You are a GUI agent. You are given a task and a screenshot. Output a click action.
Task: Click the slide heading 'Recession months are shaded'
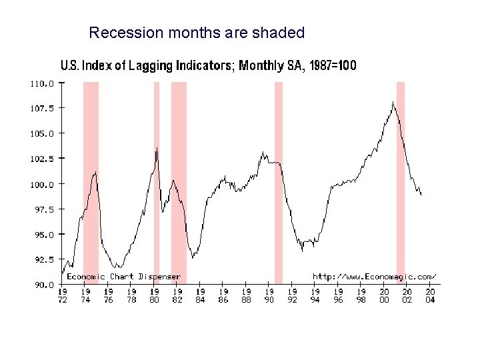[197, 33]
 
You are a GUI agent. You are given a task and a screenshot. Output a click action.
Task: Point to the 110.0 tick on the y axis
[41, 84]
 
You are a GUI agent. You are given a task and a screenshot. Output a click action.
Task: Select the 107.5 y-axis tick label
[41, 108]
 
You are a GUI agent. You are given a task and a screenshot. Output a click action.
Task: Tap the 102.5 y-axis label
[41, 159]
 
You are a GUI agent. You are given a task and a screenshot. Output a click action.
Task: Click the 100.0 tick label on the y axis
[41, 184]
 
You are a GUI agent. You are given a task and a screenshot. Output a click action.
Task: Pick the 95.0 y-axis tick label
[41, 235]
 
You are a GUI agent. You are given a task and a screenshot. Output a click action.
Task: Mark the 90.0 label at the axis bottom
[41, 285]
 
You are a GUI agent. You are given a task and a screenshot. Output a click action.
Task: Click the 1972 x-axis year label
[63, 295]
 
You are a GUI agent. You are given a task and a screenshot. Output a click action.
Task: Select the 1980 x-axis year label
[155, 295]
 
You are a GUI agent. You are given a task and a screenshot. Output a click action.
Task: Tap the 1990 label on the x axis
[269, 295]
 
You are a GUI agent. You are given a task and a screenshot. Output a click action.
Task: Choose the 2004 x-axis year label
[430, 295]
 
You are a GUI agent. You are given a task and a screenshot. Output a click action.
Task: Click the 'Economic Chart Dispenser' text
[123, 276]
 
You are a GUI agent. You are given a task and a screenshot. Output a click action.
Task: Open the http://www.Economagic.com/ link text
[374, 276]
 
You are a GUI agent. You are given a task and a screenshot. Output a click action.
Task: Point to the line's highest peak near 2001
[393, 102]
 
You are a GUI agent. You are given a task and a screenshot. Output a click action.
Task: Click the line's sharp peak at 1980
[157, 148]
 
